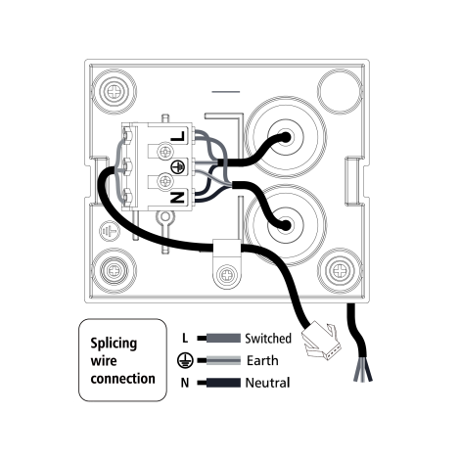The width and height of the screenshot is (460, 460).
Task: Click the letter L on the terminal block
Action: pyautogui.click(x=178, y=136)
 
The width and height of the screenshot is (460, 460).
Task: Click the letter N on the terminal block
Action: pyautogui.click(x=178, y=197)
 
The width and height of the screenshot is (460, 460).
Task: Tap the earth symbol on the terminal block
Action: pyautogui.click(x=178, y=166)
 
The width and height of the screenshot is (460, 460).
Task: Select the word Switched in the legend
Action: pyautogui.click(x=268, y=339)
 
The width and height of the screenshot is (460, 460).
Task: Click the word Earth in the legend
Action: pyautogui.click(x=262, y=360)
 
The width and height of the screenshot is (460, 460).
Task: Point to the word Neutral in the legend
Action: pyautogui.click(x=267, y=383)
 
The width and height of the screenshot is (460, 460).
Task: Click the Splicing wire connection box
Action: pyautogui.click(x=122, y=360)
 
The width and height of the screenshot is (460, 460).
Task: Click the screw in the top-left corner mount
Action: pyautogui.click(x=115, y=91)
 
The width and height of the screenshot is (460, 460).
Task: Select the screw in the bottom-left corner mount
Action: pyautogui.click(x=115, y=270)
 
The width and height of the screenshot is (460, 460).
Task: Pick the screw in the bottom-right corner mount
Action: pyautogui.click(x=340, y=270)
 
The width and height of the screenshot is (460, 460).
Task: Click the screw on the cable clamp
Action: pyautogui.click(x=227, y=275)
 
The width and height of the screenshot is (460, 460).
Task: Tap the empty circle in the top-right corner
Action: pyautogui.click(x=340, y=90)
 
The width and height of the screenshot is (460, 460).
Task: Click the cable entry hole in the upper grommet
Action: pyautogui.click(x=286, y=137)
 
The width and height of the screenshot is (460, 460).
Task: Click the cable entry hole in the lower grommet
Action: pyautogui.click(x=285, y=224)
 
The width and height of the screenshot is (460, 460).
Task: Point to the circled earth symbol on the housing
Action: pyautogui.click(x=110, y=231)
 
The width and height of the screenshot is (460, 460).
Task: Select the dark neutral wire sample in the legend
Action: pyautogui.click(x=219, y=383)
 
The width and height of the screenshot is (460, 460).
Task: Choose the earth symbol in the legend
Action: pyautogui.click(x=185, y=360)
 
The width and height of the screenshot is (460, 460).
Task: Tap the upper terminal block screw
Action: pyautogui.click(x=164, y=152)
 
